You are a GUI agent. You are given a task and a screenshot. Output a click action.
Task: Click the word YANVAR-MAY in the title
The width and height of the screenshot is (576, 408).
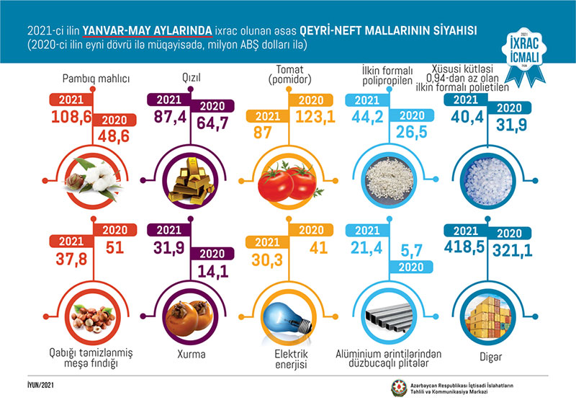145,30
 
